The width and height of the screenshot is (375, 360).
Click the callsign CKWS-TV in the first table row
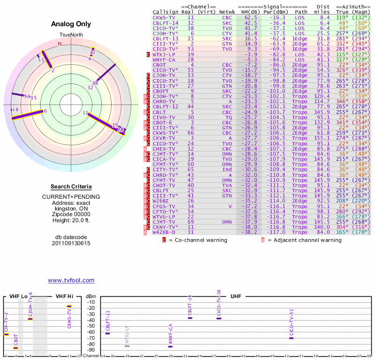tap(164, 17)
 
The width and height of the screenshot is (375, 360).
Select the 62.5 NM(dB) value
tap(251, 17)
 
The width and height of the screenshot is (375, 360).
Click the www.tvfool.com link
tap(71, 280)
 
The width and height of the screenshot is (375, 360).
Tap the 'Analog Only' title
tap(71, 24)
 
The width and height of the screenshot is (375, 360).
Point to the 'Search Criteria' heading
tap(71, 187)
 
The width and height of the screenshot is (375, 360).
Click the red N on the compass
tap(60, 44)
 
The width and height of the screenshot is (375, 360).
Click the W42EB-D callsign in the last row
tap(164, 232)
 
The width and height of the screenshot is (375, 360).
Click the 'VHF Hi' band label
tap(64, 296)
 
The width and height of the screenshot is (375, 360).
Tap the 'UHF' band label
tap(236, 296)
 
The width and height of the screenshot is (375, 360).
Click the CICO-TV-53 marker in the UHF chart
tap(291, 338)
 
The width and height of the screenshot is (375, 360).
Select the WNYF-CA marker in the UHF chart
tap(171, 346)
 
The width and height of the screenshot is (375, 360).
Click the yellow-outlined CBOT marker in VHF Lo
tap(16, 348)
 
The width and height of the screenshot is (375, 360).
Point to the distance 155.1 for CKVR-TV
tap(322, 138)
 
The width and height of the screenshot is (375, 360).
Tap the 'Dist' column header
tap(323, 7)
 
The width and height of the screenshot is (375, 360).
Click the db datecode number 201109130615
tap(71, 243)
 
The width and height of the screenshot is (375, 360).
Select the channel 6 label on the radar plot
tap(45, 111)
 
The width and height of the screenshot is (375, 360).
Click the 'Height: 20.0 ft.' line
tap(71, 220)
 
